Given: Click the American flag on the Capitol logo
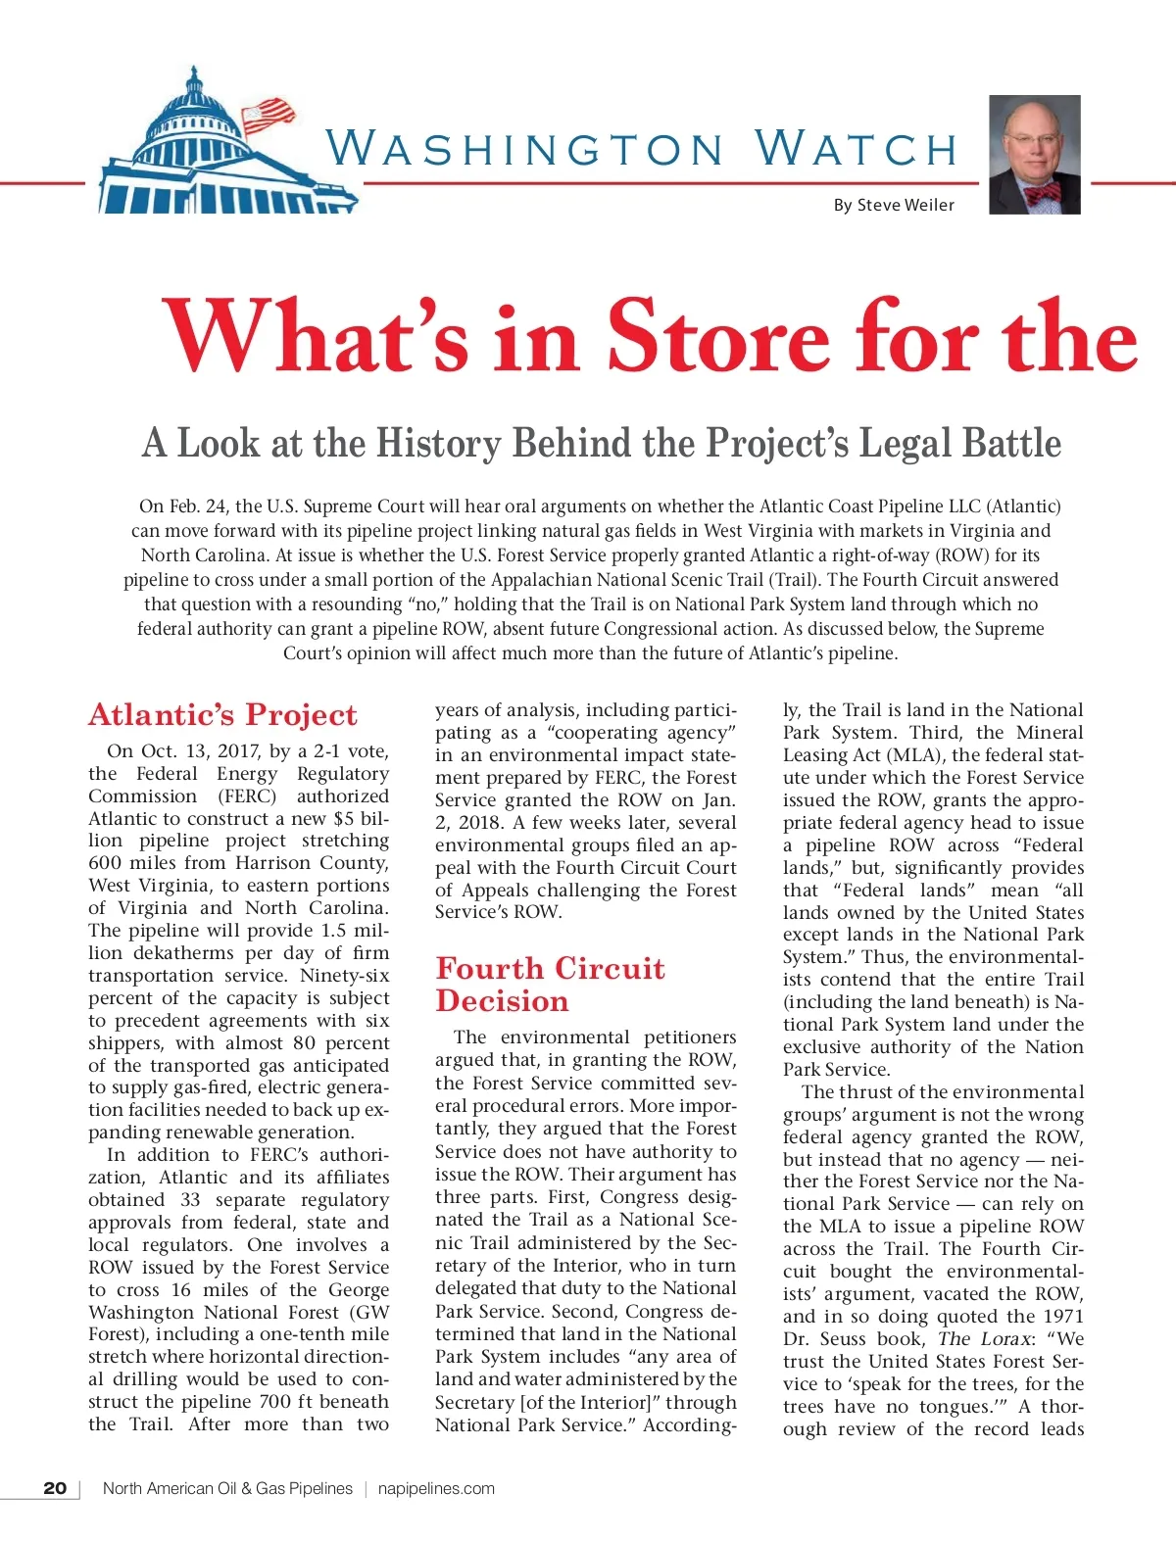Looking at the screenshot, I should [x=267, y=114].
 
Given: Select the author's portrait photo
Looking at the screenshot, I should [x=1035, y=155].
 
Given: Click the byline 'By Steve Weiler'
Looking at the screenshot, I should [x=893, y=205].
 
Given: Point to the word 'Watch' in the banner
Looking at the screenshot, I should [x=857, y=149].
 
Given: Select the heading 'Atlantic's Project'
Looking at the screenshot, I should [x=222, y=714].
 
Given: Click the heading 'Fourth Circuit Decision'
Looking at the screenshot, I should [x=550, y=985].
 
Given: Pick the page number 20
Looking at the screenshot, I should [x=56, y=1488].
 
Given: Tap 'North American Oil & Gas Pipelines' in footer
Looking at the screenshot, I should [x=227, y=1488].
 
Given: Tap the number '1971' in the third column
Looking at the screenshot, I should [x=1063, y=1317].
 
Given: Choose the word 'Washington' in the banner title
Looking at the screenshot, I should [x=524, y=149].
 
